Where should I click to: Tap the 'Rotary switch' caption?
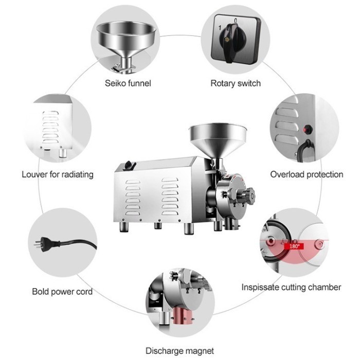[x=236, y=83]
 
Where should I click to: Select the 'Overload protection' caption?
[x=307, y=174]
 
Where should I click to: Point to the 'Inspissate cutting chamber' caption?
[x=291, y=287]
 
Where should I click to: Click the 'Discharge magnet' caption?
[x=179, y=351]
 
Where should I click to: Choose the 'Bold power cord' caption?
[x=62, y=291]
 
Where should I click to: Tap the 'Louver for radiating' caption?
[x=58, y=174]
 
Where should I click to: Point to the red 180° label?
[x=295, y=246]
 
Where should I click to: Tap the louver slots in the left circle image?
[x=51, y=127]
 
